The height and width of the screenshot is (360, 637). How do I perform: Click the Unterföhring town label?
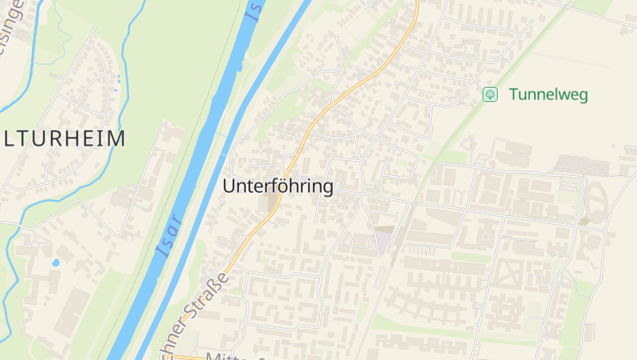point(278,186)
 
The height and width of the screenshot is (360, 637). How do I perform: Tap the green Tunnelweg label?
point(548,95)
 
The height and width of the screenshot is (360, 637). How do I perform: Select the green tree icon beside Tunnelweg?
point(490,95)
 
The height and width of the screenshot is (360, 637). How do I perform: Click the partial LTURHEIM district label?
point(63,139)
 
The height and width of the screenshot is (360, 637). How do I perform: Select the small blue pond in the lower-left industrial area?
point(55,262)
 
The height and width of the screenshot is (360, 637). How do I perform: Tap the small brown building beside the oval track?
point(584,221)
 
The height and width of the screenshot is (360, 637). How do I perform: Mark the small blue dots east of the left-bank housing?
point(119,79)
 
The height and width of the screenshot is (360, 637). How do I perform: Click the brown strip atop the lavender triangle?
point(384,228)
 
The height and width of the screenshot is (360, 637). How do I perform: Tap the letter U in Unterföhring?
point(230,186)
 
